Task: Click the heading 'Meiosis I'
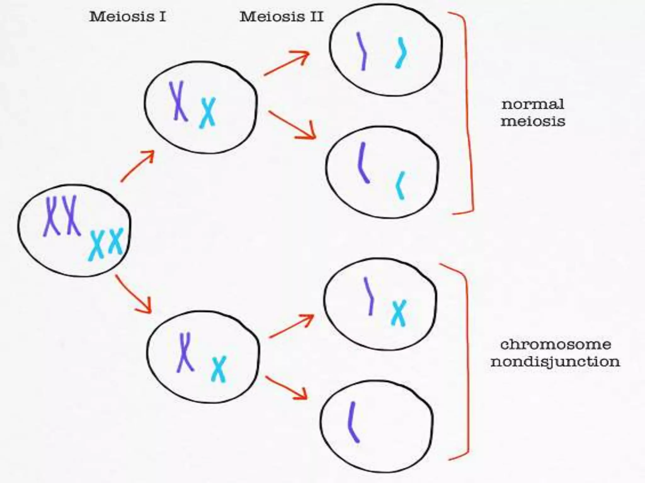pos(128,17)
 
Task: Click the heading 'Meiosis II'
pos(281,17)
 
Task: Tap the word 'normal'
pos(533,104)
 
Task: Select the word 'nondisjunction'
pos(555,362)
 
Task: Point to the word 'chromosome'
pos(556,344)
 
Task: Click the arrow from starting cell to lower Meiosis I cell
pos(134,294)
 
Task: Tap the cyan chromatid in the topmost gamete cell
pos(401,53)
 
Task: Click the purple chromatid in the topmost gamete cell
pos(362,51)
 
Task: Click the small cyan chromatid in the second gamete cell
pos(400,186)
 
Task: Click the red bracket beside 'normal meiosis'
pos(468,113)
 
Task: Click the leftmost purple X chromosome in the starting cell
pos(51,216)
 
